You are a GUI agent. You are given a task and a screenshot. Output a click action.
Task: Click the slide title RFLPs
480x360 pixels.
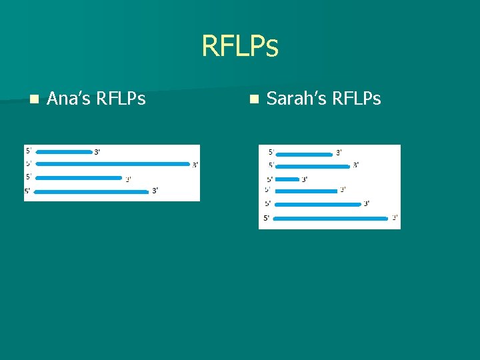239,47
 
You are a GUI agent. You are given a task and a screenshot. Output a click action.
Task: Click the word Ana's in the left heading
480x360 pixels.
69,99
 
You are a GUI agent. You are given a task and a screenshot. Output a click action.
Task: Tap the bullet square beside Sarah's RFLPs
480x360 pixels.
253,99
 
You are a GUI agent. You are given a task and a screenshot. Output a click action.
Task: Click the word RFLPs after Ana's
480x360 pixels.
121,99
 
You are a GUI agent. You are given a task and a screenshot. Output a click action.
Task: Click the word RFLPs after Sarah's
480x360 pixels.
357,99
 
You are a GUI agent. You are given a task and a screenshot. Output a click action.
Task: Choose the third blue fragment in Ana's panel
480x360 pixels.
78,178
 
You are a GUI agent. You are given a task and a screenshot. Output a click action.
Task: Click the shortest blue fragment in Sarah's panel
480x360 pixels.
287,179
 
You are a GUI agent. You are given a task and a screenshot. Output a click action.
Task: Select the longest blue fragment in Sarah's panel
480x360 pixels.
331,218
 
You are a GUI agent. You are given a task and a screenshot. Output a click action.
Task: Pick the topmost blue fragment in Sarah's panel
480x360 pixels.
303,154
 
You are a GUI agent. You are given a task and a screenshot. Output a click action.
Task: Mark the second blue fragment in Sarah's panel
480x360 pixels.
312,166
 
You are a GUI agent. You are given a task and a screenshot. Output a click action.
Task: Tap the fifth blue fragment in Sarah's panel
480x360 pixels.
317,205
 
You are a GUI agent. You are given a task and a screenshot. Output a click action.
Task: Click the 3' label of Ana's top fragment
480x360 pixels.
97,152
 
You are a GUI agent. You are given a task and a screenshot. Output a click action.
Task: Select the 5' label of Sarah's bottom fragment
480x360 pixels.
267,217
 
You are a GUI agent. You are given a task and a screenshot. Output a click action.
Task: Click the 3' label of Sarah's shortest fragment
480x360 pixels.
305,179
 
